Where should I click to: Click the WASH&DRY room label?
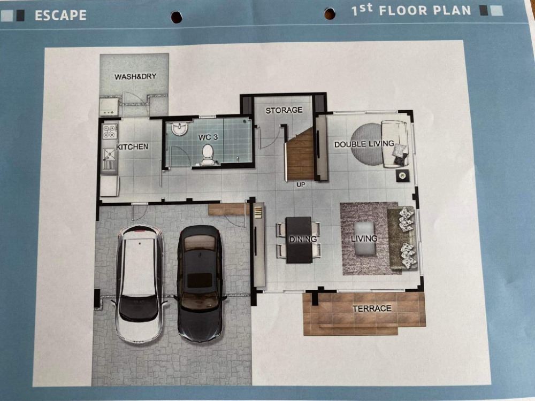[135, 76]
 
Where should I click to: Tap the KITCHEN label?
[132, 146]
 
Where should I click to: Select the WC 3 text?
[208, 137]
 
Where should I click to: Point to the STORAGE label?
[284, 110]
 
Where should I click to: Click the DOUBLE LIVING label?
[364, 144]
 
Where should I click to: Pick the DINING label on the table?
[303, 240]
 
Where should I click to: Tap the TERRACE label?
[372, 309]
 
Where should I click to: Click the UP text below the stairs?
[301, 184]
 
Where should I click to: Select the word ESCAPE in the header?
[61, 16]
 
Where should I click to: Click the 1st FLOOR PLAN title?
[411, 10]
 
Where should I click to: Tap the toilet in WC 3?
[208, 155]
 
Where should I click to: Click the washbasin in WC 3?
[179, 128]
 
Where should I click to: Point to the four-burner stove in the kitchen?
[110, 132]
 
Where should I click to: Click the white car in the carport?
[139, 284]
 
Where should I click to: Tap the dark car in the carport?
[200, 283]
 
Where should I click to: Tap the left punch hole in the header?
[176, 17]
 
